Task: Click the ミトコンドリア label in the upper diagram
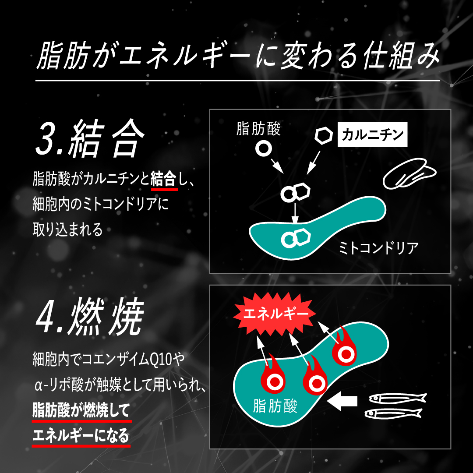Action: [379, 248]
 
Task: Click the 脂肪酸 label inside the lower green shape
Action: [275, 406]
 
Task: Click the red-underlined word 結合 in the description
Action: [164, 179]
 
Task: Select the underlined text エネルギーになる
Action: [81, 436]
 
